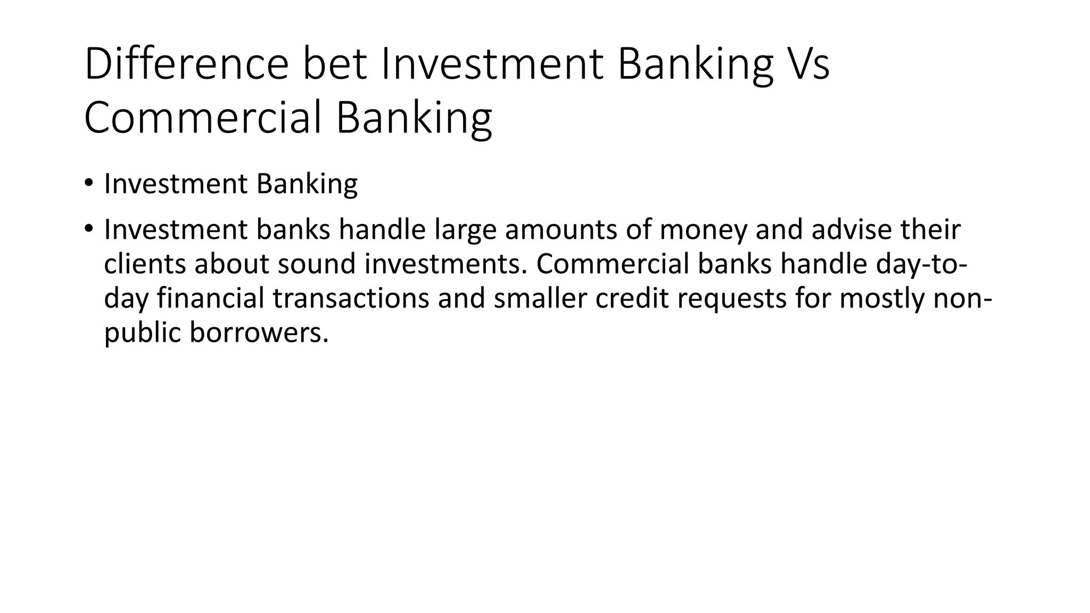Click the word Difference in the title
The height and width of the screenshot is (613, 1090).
pos(186,64)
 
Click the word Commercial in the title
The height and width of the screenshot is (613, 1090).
pos(202,118)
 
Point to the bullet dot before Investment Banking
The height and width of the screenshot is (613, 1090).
pos(88,184)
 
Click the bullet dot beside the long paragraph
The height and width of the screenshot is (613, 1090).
pos(88,229)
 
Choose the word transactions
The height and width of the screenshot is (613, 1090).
pos(351,298)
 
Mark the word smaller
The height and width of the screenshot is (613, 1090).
pos(540,298)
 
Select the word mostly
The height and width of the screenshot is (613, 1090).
pos(882,298)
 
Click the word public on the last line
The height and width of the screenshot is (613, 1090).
pos(142,333)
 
